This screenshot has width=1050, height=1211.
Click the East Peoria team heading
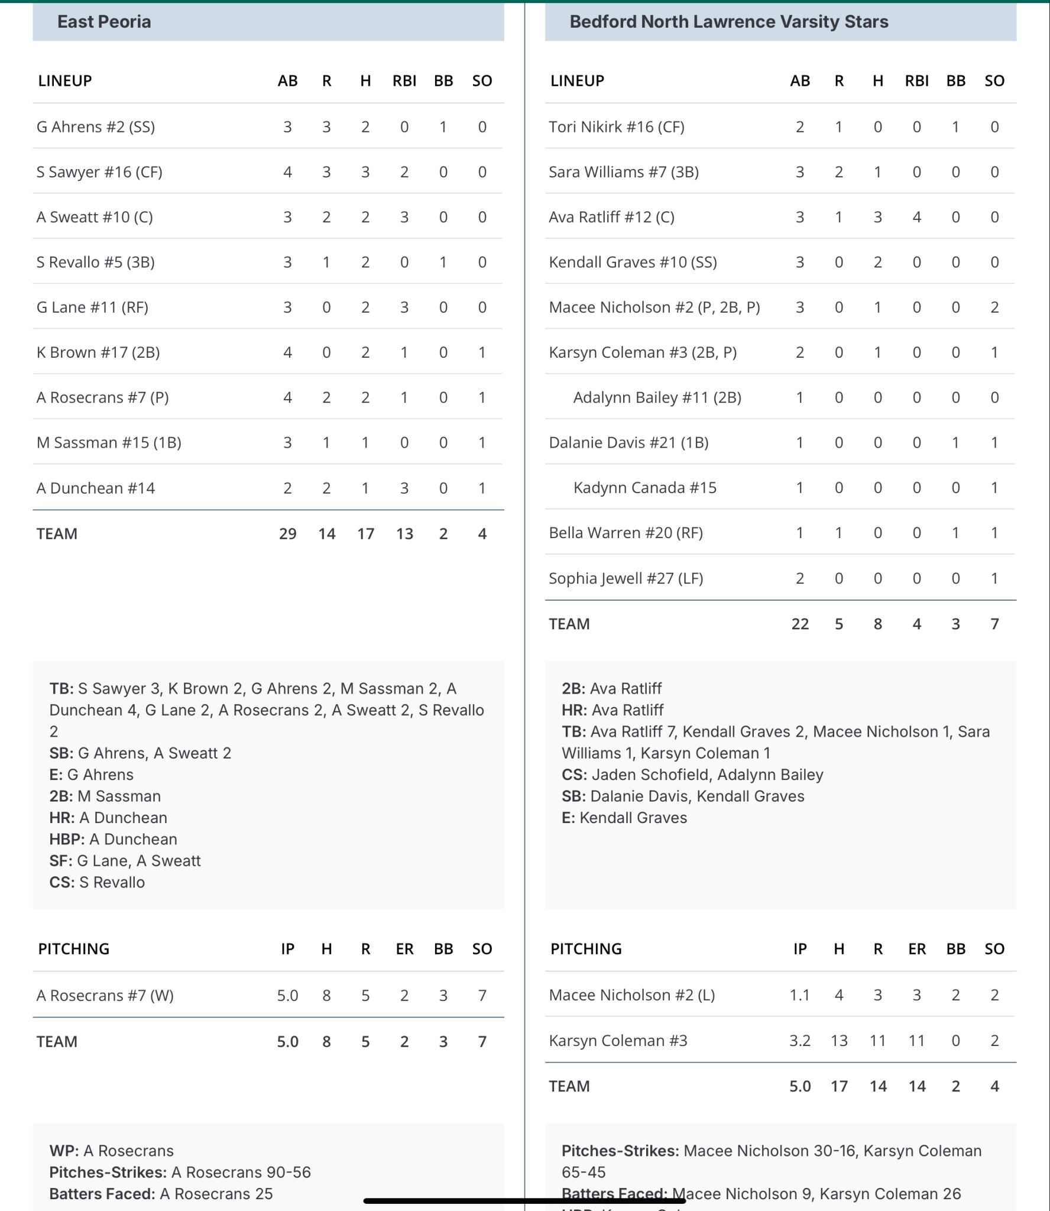tap(104, 22)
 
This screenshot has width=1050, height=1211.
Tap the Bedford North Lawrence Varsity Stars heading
tap(728, 22)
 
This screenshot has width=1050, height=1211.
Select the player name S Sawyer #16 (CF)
tap(99, 172)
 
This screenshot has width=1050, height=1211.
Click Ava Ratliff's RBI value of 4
tap(916, 217)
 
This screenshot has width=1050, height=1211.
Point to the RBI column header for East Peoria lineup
tap(404, 81)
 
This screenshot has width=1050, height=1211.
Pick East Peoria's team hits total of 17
tap(365, 534)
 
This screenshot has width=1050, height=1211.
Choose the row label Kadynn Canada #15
tap(644, 488)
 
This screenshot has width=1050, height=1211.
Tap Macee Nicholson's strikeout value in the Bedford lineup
tap(994, 307)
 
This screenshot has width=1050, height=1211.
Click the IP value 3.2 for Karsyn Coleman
tap(800, 1041)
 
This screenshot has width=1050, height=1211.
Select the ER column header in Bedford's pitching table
tap(916, 949)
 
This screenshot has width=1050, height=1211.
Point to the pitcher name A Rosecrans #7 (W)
tap(105, 996)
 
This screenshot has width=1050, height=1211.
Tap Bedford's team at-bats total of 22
tap(800, 624)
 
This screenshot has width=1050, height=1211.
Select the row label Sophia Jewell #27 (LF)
tap(626, 578)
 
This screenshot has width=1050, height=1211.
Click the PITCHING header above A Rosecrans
tap(74, 949)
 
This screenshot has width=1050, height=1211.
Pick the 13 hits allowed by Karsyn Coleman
tap(839, 1041)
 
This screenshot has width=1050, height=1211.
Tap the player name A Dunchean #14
tap(96, 488)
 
